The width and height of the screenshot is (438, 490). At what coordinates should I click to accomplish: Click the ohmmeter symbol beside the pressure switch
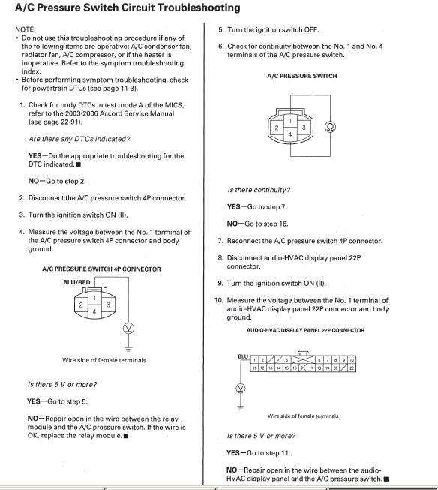330,127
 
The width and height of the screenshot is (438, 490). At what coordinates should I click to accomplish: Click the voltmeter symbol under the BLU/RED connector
129,328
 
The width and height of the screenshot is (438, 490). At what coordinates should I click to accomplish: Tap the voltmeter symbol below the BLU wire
241,389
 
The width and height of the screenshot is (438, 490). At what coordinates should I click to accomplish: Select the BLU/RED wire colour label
76,282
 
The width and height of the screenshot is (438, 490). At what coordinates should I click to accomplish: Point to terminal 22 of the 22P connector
352,368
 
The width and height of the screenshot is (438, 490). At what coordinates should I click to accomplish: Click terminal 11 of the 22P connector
254,368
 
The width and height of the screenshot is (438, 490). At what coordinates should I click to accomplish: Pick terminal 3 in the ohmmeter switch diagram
304,127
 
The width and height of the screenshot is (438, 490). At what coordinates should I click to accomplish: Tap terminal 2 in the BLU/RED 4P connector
81,305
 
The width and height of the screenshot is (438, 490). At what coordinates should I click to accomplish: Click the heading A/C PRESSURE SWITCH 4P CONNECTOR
101,269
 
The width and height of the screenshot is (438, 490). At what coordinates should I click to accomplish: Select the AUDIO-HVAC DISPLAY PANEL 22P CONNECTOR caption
305,330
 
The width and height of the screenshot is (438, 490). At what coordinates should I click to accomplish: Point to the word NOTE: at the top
25,29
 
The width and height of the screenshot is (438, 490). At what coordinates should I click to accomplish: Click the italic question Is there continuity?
259,190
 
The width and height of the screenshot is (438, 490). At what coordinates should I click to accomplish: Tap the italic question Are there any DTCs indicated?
79,139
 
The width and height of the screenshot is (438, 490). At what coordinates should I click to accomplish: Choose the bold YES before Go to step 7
234,207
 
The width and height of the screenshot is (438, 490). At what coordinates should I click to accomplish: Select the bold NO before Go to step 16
232,224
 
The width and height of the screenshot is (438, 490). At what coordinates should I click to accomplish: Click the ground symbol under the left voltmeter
128,348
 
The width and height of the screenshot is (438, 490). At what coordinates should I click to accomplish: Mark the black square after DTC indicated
79,164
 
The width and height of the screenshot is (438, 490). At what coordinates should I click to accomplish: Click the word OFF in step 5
311,30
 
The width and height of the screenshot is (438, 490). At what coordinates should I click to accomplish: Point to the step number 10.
219,300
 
